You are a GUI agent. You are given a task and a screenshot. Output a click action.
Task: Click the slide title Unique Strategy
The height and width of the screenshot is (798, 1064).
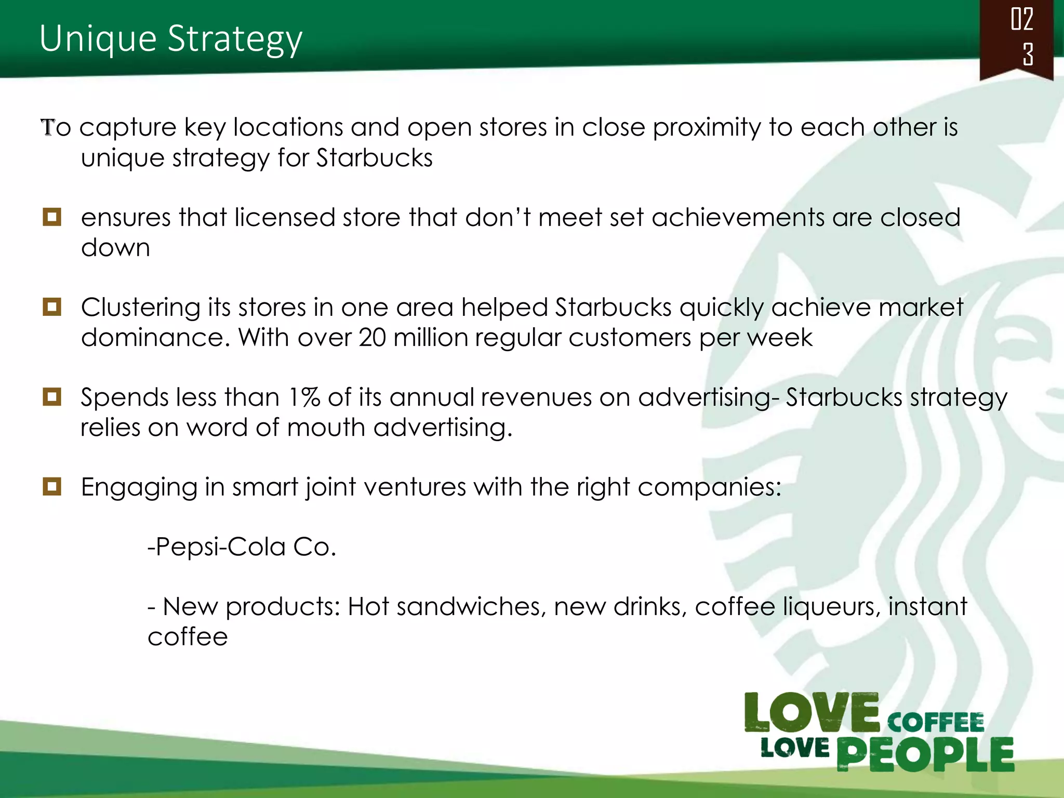170,39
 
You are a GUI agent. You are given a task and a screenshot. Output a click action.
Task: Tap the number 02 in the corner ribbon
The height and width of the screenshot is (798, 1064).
1021,20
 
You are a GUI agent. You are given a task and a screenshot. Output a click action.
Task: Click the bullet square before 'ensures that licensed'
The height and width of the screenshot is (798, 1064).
52,217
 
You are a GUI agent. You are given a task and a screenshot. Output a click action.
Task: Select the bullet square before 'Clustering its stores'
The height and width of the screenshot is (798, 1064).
52,307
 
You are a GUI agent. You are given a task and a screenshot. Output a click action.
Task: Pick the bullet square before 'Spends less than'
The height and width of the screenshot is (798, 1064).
52,397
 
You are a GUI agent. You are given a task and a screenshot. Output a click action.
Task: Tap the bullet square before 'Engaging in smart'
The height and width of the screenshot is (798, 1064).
52,487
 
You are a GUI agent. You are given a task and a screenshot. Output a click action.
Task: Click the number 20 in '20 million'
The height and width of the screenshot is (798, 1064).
372,338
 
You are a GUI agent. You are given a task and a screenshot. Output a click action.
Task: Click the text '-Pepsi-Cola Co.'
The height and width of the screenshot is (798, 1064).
242,547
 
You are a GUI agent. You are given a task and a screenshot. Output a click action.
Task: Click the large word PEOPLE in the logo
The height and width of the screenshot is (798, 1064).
925,754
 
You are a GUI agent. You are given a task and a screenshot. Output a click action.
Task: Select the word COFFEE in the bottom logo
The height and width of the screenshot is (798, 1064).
935,723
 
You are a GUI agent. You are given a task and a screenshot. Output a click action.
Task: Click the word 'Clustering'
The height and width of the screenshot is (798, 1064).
140,308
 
